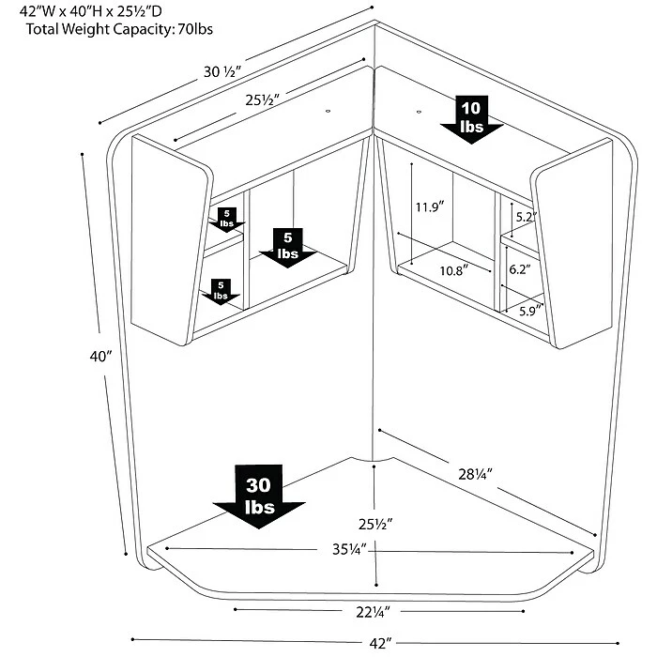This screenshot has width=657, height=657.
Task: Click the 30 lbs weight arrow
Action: click(x=260, y=498)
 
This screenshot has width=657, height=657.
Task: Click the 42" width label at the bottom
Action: click(x=378, y=642)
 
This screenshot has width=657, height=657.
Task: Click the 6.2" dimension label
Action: click(x=519, y=268)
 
